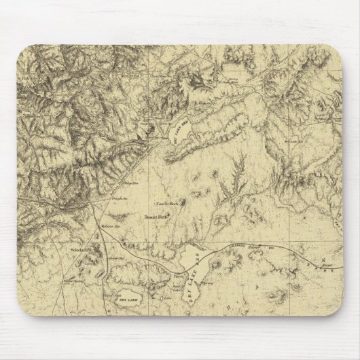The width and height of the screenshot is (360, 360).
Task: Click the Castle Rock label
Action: pos(166,202)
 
